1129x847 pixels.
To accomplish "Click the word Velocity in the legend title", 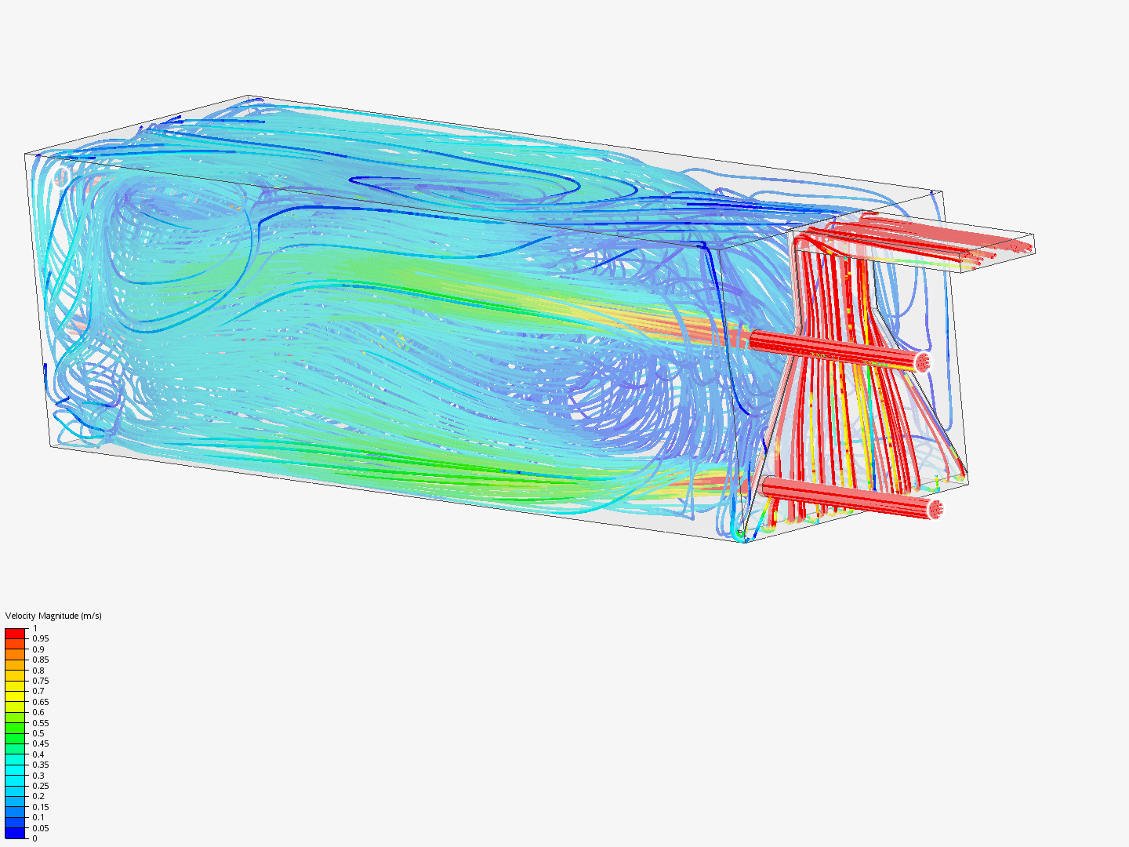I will (20, 616).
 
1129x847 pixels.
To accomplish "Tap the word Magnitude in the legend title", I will (58, 616).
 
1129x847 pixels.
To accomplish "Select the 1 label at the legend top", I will (34, 628).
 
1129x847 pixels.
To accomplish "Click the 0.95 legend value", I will (40, 638).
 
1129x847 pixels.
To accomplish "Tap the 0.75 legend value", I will (40, 681).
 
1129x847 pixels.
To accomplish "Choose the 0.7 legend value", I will (38, 691).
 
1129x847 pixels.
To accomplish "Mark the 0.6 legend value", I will (38, 712).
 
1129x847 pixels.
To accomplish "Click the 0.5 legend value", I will (38, 733).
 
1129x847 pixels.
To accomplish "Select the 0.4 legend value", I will (38, 754).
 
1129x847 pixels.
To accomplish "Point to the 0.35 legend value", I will (40, 765).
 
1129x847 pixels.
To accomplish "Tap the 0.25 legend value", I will (40, 786).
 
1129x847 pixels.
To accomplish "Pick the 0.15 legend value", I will (40, 807).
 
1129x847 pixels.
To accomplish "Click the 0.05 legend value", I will (40, 828).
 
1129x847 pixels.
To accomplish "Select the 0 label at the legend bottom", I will (34, 838).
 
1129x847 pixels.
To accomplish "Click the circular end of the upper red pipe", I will (923, 362).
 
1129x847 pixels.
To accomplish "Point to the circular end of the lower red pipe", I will (935, 510).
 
